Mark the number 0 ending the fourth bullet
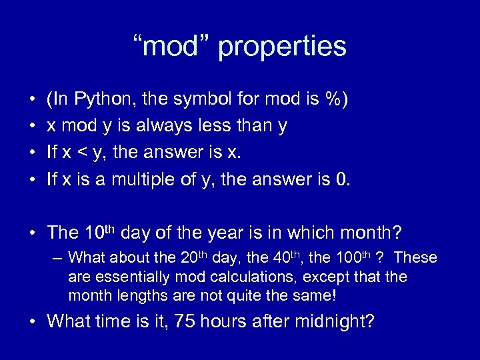[342, 179]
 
